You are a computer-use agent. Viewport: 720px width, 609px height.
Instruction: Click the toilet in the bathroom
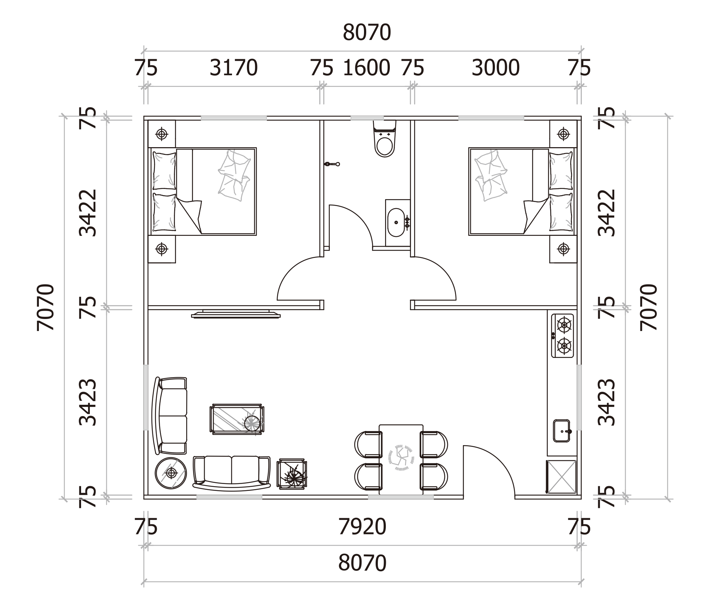pyautogui.click(x=384, y=139)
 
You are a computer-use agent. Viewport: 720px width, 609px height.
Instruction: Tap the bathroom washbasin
pyautogui.click(x=396, y=222)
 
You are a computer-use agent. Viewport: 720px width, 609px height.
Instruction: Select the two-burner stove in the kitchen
pyautogui.click(x=563, y=336)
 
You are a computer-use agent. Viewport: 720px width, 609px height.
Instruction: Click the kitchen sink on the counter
pyautogui.click(x=562, y=431)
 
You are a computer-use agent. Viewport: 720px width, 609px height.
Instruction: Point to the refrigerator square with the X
pyautogui.click(x=561, y=477)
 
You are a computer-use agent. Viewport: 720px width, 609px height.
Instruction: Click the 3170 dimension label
pyautogui.click(x=233, y=68)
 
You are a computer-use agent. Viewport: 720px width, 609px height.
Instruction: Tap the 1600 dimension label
pyautogui.click(x=367, y=68)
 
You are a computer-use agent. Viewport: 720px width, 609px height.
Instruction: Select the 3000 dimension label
pyautogui.click(x=496, y=68)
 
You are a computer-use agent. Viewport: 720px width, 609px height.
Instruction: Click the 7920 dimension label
pyautogui.click(x=362, y=527)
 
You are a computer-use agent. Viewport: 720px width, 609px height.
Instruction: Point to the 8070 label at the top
pyautogui.click(x=367, y=32)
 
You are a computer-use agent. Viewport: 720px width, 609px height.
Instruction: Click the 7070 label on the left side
pyautogui.click(x=45, y=307)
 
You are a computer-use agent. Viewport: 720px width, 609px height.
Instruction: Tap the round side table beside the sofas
pyautogui.click(x=171, y=473)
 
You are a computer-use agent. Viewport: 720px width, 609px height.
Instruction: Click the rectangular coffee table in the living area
pyautogui.click(x=237, y=419)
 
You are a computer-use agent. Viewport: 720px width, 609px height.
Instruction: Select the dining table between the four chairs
pyautogui.click(x=401, y=460)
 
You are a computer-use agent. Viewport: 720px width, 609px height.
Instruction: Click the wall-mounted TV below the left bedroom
pyautogui.click(x=236, y=314)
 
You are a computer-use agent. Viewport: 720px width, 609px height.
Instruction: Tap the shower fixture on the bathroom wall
pyautogui.click(x=332, y=164)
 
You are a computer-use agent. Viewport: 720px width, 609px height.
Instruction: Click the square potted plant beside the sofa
pyautogui.click(x=292, y=474)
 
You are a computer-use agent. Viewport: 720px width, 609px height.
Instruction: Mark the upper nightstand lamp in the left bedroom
pyautogui.click(x=162, y=134)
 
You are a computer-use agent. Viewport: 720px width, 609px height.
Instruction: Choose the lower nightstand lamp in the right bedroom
pyautogui.click(x=563, y=249)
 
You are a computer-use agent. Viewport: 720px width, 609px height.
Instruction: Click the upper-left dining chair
pyautogui.click(x=368, y=444)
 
